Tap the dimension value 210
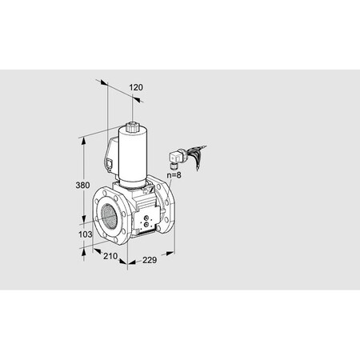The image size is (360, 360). [111, 257]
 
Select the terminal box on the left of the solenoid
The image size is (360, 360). [110, 155]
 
